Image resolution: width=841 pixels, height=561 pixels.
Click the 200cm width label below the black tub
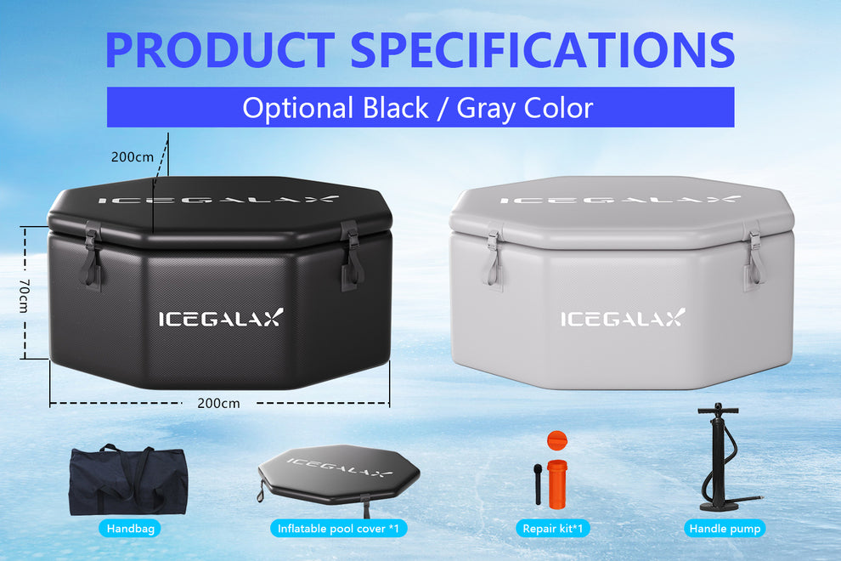(x=218, y=403)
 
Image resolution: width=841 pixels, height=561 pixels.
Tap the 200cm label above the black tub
(x=132, y=156)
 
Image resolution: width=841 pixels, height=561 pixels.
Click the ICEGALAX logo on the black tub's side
(x=221, y=319)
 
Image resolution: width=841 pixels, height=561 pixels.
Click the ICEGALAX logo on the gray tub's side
(x=622, y=319)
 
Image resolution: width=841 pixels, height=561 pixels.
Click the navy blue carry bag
(x=127, y=480)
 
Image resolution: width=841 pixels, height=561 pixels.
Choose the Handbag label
(x=128, y=529)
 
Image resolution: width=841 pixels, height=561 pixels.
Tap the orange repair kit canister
(x=556, y=484)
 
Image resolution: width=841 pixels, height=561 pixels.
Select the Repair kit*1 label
(x=553, y=529)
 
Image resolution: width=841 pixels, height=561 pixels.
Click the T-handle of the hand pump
(x=719, y=410)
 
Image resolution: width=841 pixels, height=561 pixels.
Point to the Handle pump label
(x=725, y=529)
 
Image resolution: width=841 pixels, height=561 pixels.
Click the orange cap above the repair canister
(x=556, y=440)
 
